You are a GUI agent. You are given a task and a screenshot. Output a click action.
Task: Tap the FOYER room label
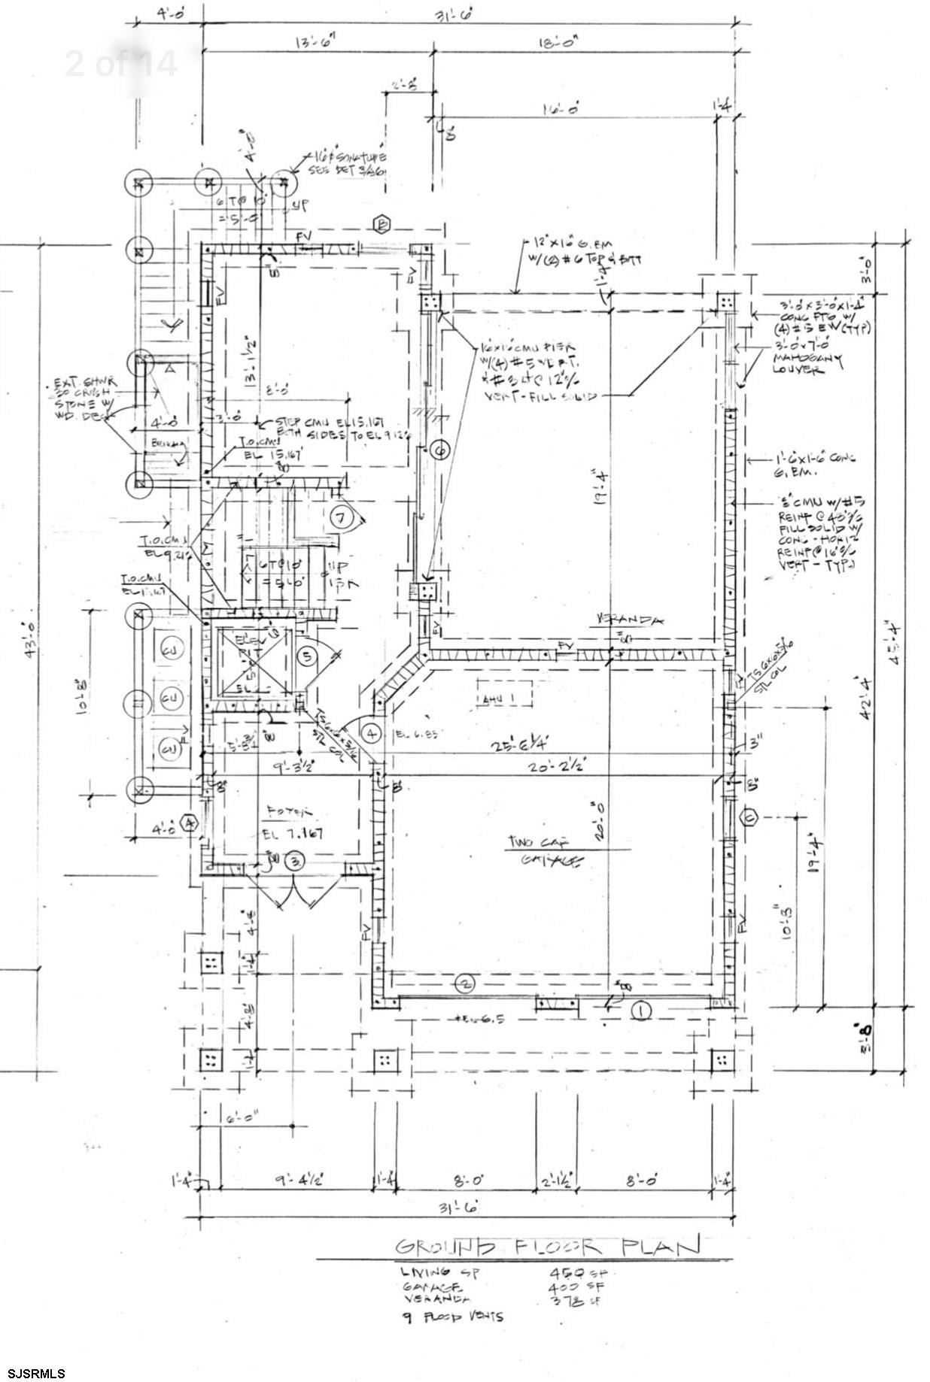point(288,812)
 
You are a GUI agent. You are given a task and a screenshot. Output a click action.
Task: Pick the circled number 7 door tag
point(342,517)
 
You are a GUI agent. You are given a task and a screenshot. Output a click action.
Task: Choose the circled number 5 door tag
point(307,656)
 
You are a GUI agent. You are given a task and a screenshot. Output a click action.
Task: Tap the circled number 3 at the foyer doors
point(296,859)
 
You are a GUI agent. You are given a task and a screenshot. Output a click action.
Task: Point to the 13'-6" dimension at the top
point(315,43)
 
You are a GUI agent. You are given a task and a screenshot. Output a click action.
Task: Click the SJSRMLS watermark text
point(33,1373)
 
